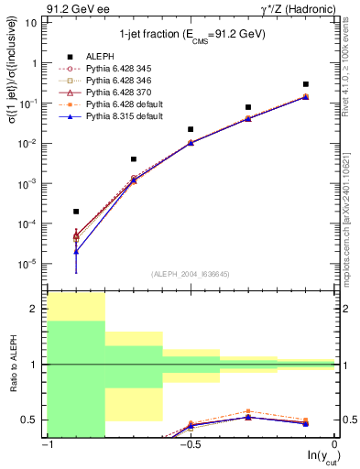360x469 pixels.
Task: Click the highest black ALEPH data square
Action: point(306,84)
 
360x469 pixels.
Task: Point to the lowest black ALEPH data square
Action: point(76,212)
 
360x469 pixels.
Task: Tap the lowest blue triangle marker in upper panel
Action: point(76,251)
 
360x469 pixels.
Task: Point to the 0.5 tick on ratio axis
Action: point(33,420)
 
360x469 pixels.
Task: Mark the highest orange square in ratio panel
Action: point(248,411)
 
